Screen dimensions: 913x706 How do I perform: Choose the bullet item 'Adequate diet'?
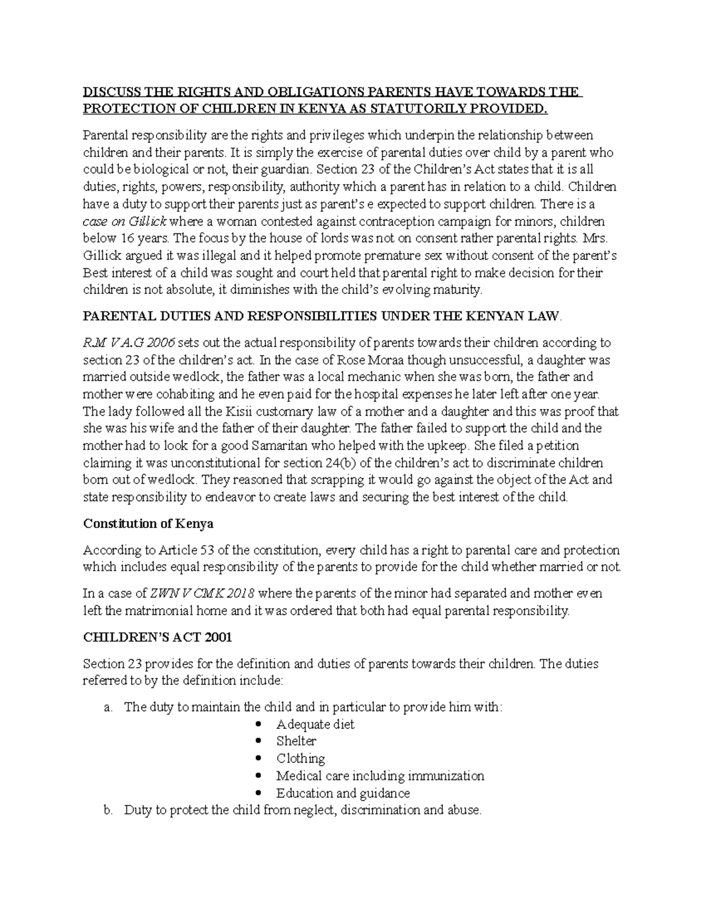pos(315,724)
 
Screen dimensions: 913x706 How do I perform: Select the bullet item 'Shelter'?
pos(296,741)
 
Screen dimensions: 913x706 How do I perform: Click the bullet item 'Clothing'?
pos(301,758)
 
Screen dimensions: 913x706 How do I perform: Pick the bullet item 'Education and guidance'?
pos(343,792)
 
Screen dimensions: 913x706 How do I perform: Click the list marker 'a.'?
pos(107,707)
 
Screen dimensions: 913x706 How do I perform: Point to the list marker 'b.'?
pos(107,810)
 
